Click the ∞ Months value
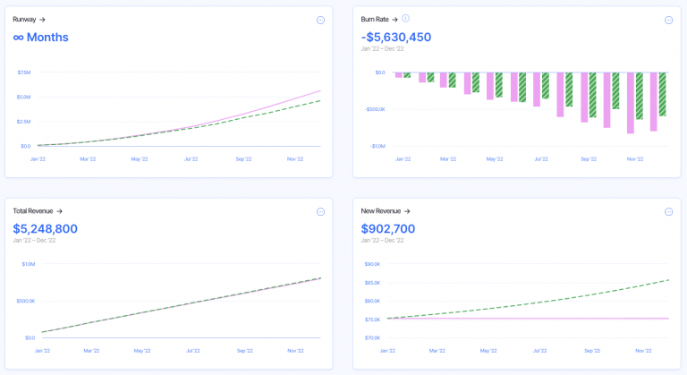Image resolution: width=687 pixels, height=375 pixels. coord(40,37)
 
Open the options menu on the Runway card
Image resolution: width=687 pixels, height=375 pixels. coord(320,20)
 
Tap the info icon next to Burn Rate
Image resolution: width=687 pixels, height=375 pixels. coord(405,18)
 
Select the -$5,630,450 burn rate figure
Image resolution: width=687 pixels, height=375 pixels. coord(395,37)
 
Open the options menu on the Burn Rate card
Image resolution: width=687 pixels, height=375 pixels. coord(668,20)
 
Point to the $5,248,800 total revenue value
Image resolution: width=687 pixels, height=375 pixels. coord(45,228)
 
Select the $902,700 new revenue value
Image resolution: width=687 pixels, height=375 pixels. coord(388,228)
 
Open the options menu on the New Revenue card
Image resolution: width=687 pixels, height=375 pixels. coord(668,212)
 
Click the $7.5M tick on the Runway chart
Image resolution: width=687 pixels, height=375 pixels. coord(24,72)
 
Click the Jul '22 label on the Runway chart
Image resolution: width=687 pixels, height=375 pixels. coord(191,159)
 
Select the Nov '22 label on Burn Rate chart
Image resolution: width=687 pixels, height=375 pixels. coord(635,159)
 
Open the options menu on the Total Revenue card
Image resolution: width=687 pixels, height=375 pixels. coord(320,212)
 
